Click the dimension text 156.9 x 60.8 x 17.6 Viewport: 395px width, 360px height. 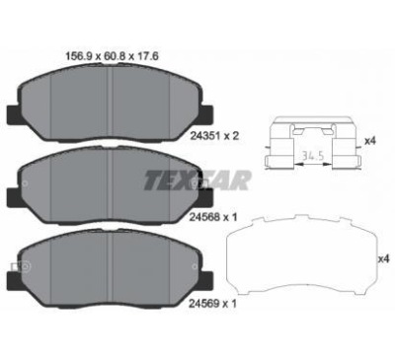pos(112,56)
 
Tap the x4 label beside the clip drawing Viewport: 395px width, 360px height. pos(370,141)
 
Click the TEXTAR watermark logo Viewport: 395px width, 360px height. pos(197,180)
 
